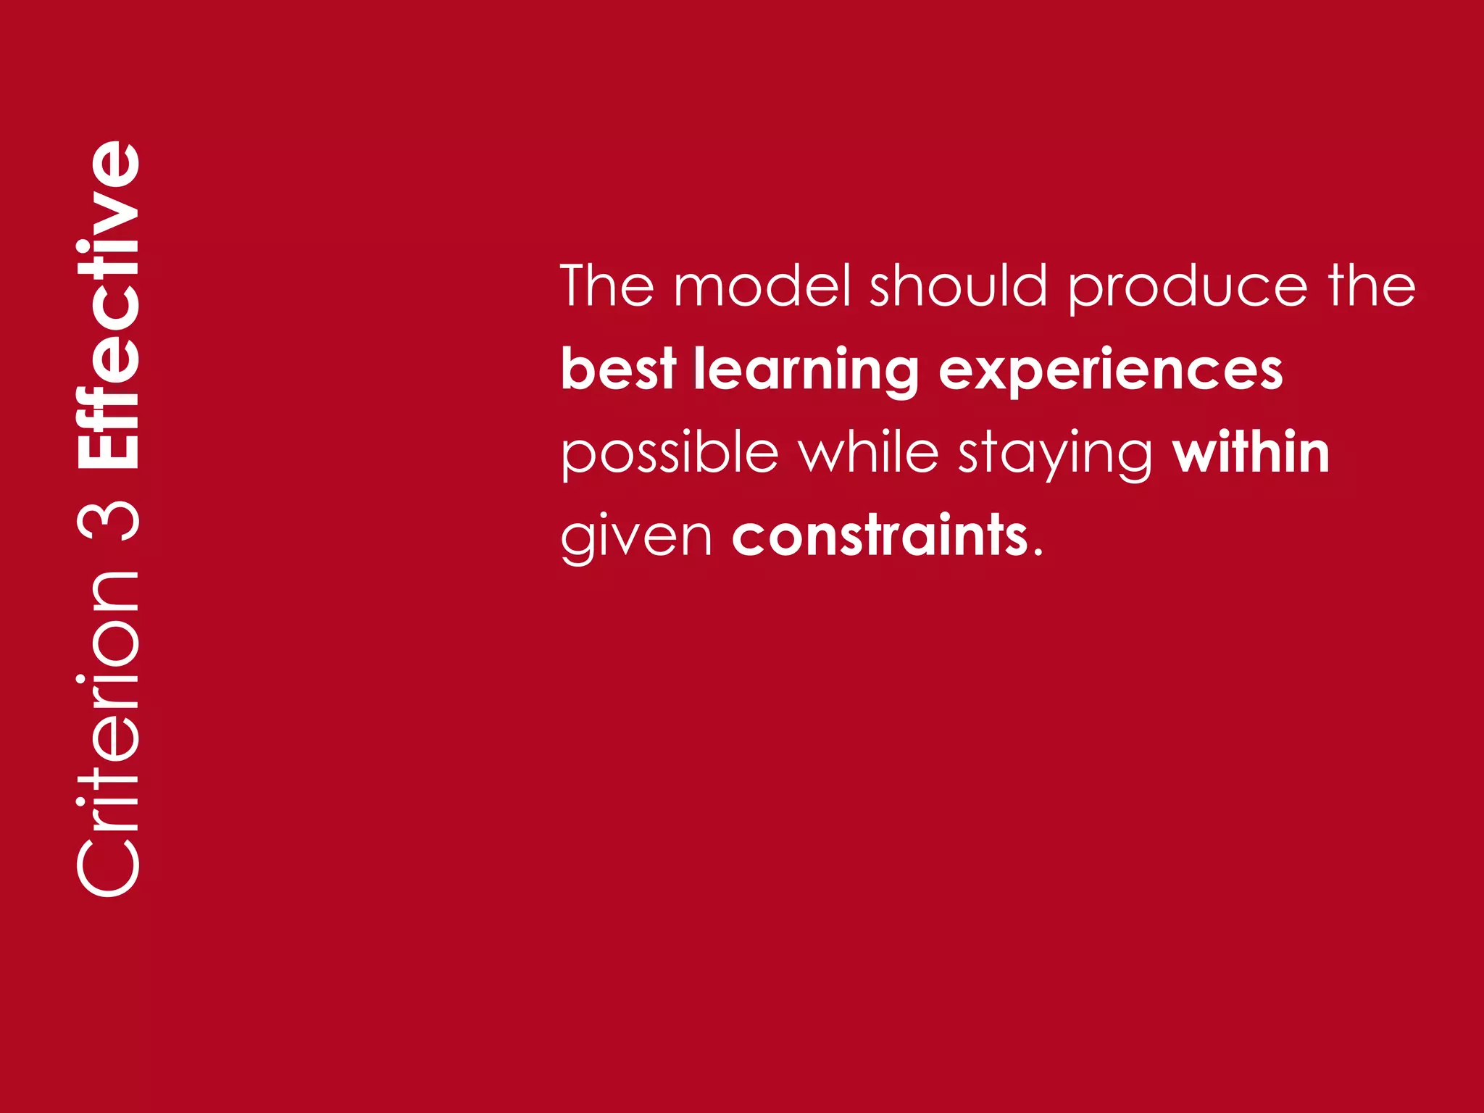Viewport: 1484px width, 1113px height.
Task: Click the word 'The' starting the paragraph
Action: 606,285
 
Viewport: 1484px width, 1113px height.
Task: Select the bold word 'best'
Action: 618,369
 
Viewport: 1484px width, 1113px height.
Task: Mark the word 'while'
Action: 868,452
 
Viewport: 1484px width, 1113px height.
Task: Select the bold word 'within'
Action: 1251,452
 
